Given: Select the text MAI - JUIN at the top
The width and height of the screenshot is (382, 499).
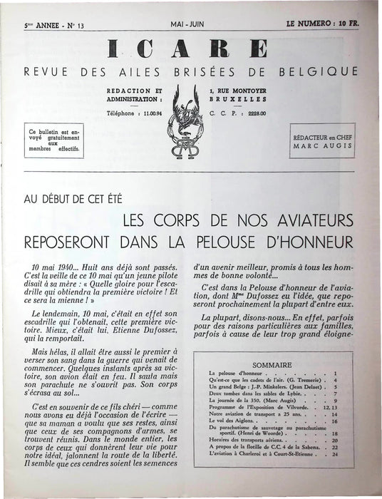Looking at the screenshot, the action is coord(188,25).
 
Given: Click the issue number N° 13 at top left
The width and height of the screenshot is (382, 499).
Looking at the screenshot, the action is coord(72,26).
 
